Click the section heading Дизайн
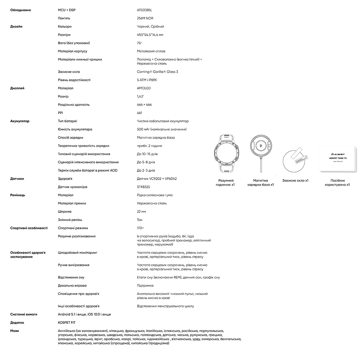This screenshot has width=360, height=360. (x=17, y=26)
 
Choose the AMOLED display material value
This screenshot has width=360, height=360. (x=144, y=88)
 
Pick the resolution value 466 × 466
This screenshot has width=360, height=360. (x=144, y=105)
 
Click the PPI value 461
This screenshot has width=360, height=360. (x=140, y=113)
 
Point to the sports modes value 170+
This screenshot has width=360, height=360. (x=140, y=228)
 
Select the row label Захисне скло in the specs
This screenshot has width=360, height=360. (x=69, y=72)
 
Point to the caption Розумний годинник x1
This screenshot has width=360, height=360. (x=226, y=182)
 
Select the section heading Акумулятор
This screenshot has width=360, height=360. (x=20, y=121)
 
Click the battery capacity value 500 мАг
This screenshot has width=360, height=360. (x=162, y=129)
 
